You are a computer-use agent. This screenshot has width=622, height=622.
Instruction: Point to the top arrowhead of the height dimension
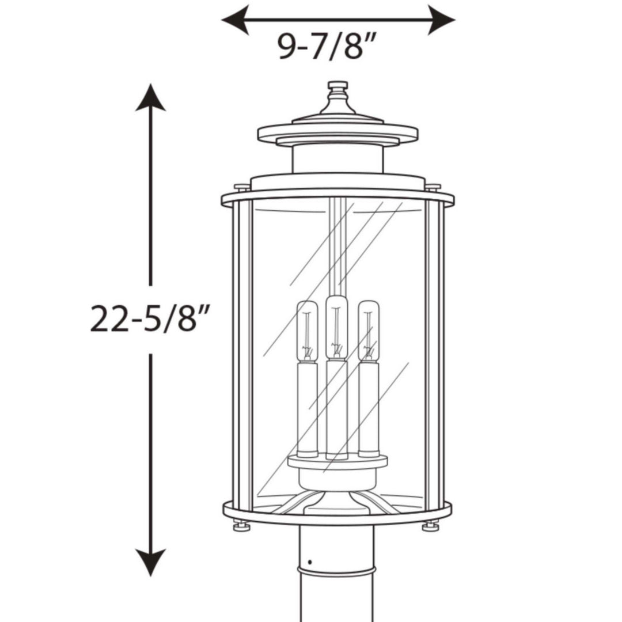point(151,98)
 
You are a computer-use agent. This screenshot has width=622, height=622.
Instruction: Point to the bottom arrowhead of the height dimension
point(151,562)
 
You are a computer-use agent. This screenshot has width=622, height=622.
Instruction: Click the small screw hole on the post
point(310,562)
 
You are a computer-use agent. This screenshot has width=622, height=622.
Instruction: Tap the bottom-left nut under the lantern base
point(241,526)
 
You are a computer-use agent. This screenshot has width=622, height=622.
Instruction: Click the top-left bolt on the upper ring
point(242,187)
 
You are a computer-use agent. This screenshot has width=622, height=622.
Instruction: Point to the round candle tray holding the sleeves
point(337,462)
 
